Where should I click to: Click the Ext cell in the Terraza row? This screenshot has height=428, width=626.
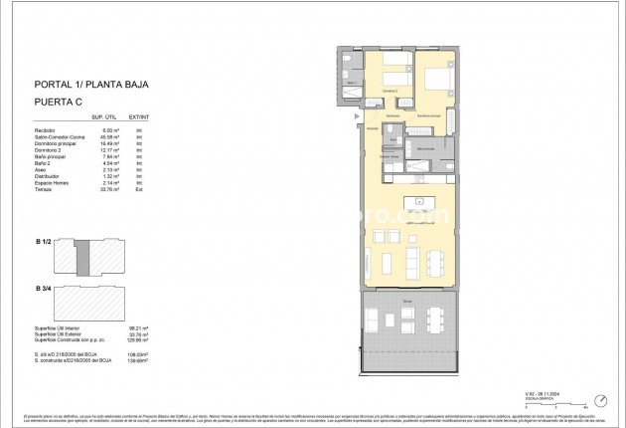pos(140,189)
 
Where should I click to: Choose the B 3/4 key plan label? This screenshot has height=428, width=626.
pos(41,288)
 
